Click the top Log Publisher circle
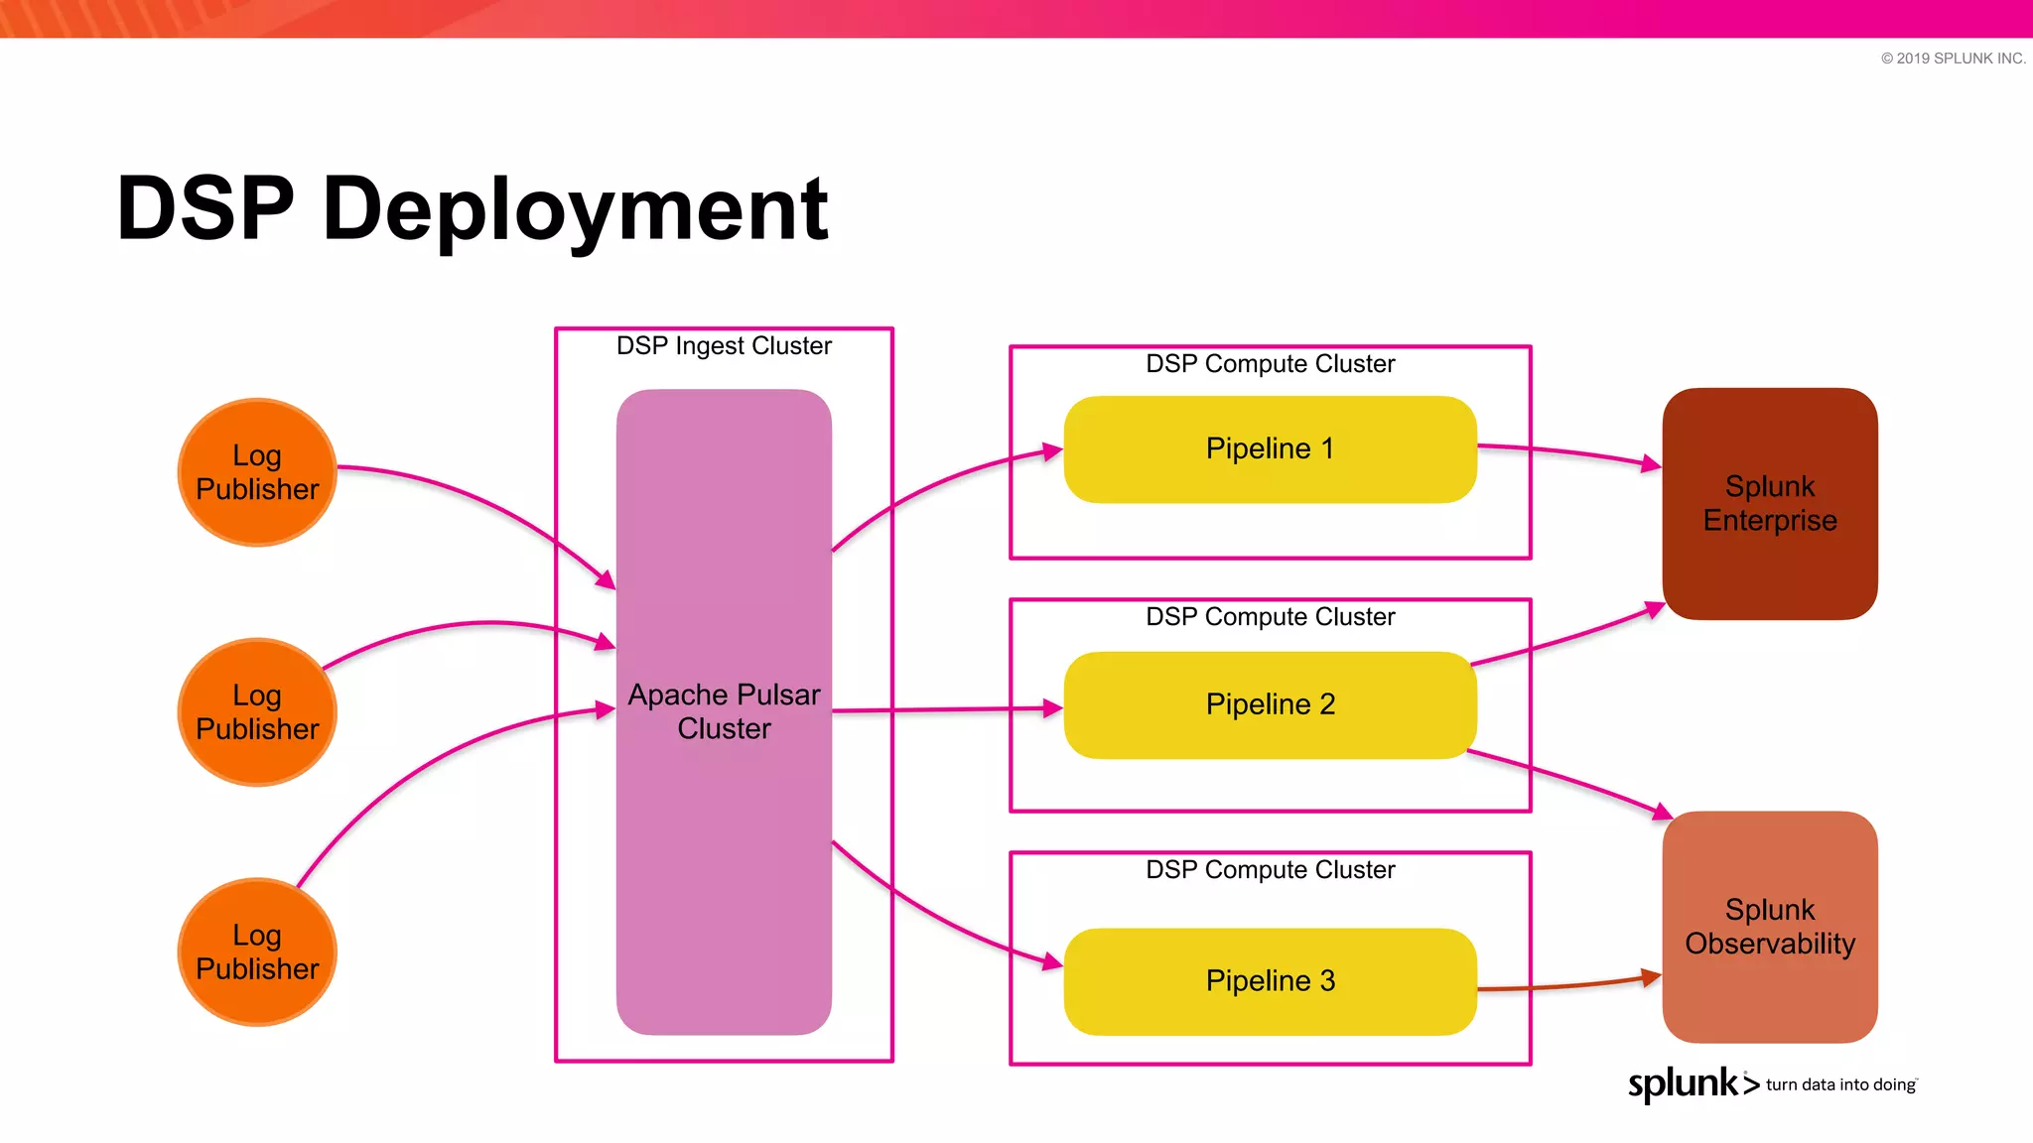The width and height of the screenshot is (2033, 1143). click(257, 472)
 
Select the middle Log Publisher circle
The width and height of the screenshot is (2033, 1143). click(257, 712)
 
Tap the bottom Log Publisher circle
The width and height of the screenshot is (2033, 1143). click(257, 952)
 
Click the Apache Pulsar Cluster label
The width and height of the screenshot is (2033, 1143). click(724, 711)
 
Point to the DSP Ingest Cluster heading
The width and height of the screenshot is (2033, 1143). click(724, 345)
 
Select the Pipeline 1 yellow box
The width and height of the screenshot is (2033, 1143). click(1270, 448)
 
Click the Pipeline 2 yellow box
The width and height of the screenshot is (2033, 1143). click(1270, 704)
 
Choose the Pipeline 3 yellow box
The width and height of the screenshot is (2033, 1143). click(1270, 981)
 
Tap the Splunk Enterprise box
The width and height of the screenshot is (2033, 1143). click(1769, 504)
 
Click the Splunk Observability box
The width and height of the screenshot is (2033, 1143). click(1769, 927)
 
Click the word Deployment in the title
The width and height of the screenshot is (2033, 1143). click(575, 209)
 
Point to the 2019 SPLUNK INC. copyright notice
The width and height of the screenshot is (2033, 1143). click(1953, 59)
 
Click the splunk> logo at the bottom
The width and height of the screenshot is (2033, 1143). click(1693, 1083)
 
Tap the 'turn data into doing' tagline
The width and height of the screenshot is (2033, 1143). click(1840, 1084)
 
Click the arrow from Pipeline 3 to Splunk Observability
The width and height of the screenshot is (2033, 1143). click(1568, 986)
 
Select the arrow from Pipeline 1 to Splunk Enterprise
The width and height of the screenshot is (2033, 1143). click(1568, 451)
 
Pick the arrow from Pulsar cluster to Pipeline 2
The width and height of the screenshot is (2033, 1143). click(943, 710)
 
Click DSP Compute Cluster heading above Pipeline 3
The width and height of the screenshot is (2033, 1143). click(1270, 870)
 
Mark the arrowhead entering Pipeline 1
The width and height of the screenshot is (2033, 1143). click(1053, 452)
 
